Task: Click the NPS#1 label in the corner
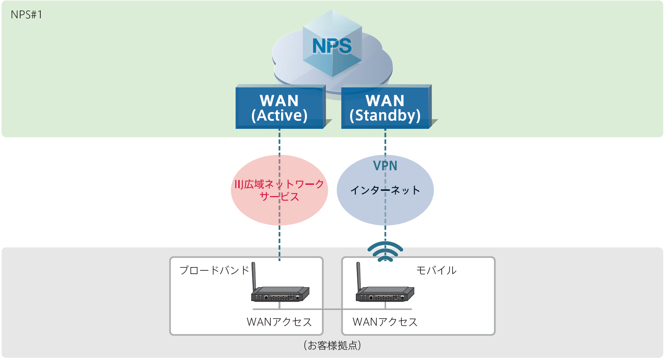coord(27,15)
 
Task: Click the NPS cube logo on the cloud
coord(332,45)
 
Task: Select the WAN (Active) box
coord(280,108)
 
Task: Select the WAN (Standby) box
coord(385,108)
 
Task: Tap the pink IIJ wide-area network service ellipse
coord(254,209)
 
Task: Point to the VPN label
coord(385,166)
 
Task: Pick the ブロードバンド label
coord(214,270)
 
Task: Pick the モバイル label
coord(436,270)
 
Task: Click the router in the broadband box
coord(280,294)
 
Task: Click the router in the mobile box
coord(385,294)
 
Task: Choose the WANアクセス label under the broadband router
coord(279,322)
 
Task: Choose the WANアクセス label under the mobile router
coord(385,322)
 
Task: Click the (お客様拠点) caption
coord(332,345)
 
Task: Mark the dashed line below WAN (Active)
coord(280,142)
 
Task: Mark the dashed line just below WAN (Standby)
coord(385,142)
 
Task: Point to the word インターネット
coord(385,190)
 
